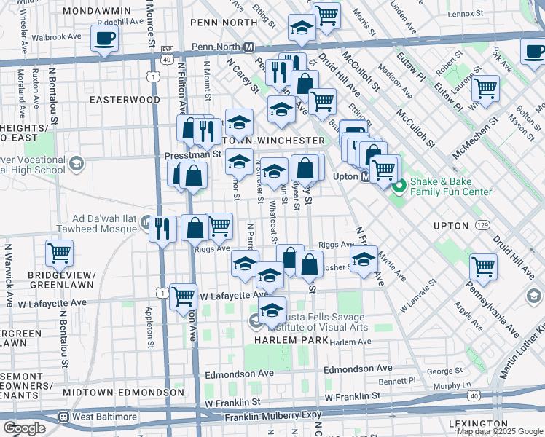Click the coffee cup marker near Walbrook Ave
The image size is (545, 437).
105,38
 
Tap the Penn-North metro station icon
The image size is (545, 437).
248,47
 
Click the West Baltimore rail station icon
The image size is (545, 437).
64,417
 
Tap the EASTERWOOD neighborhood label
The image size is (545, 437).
125,99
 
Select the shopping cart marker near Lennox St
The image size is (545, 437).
327,15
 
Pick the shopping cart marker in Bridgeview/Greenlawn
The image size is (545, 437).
60,253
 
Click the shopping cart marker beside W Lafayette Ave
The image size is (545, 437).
183,296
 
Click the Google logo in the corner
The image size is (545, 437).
24,428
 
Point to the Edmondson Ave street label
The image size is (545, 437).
239,373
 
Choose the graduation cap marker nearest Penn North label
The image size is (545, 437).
302,28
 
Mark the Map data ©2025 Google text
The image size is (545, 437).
499,431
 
